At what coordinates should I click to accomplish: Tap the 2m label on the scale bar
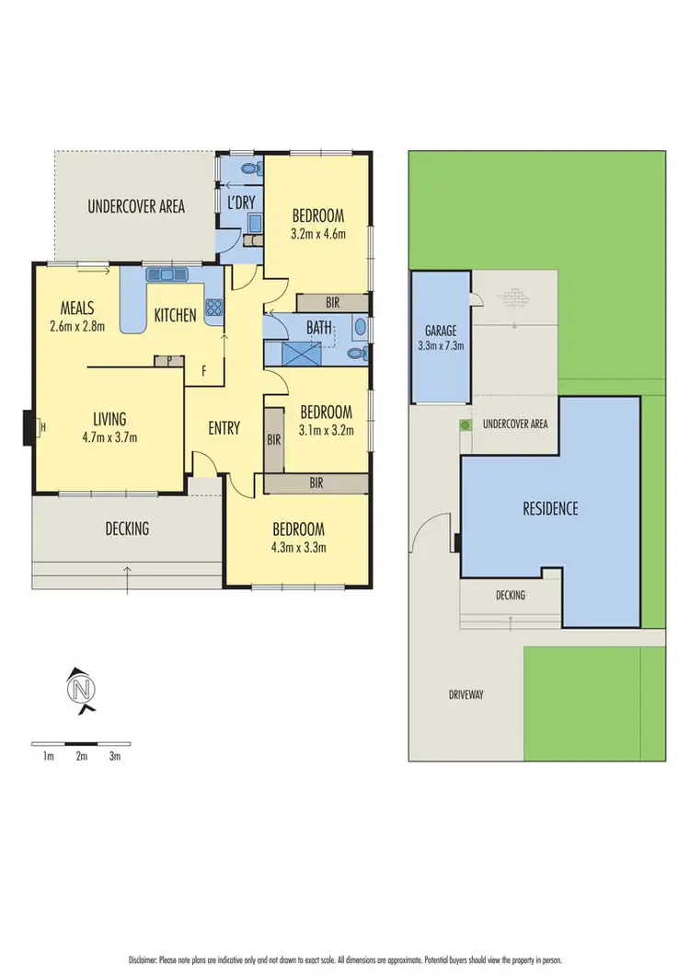pos(81,756)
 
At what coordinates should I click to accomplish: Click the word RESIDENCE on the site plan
pos(550,508)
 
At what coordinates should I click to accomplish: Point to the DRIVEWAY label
pos(466,694)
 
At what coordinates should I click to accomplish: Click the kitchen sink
pos(167,273)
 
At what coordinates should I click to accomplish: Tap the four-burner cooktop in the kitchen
pos(215,308)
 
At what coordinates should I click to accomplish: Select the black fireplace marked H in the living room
pos(29,426)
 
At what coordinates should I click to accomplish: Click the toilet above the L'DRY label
pos(251,169)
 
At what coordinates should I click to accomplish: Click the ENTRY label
pos(224,428)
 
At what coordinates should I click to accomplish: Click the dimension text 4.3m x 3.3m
pos(298,547)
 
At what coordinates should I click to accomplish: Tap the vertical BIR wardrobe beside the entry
pos(273,440)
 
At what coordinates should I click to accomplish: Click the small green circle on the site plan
pos(466,425)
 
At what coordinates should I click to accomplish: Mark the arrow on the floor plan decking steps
pos(127,576)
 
